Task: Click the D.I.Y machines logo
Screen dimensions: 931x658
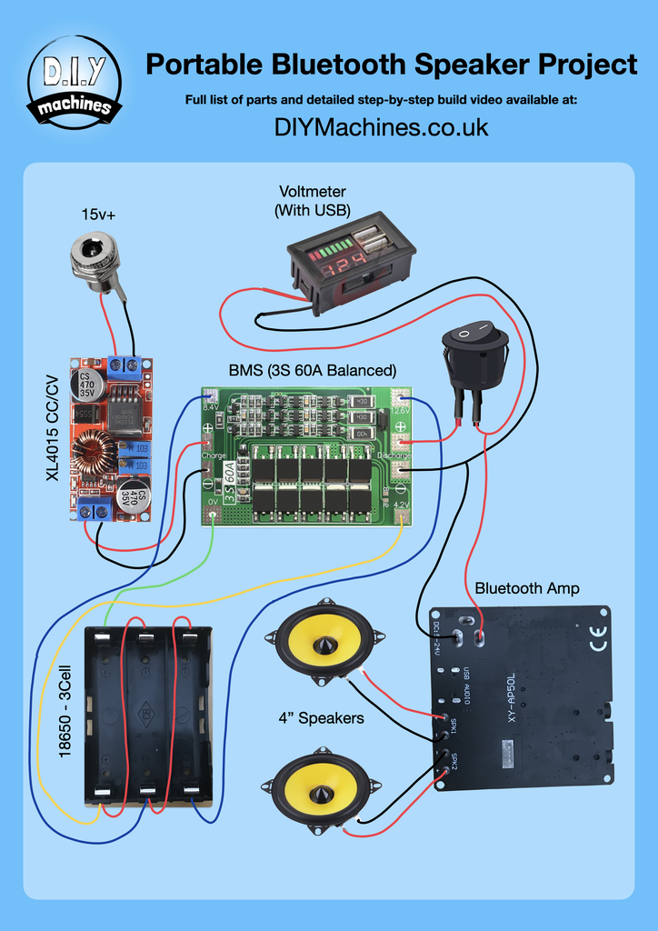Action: point(75,82)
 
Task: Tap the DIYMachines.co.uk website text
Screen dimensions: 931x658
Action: point(381,127)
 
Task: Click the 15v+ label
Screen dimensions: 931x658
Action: point(99,215)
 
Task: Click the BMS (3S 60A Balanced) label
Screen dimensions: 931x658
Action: point(312,371)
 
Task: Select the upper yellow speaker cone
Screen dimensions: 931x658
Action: point(320,641)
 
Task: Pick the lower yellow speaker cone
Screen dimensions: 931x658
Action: point(320,788)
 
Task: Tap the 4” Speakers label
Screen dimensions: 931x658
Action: point(321,718)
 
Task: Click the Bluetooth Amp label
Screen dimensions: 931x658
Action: point(526,588)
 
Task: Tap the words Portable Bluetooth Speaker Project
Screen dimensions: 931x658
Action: point(392,65)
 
